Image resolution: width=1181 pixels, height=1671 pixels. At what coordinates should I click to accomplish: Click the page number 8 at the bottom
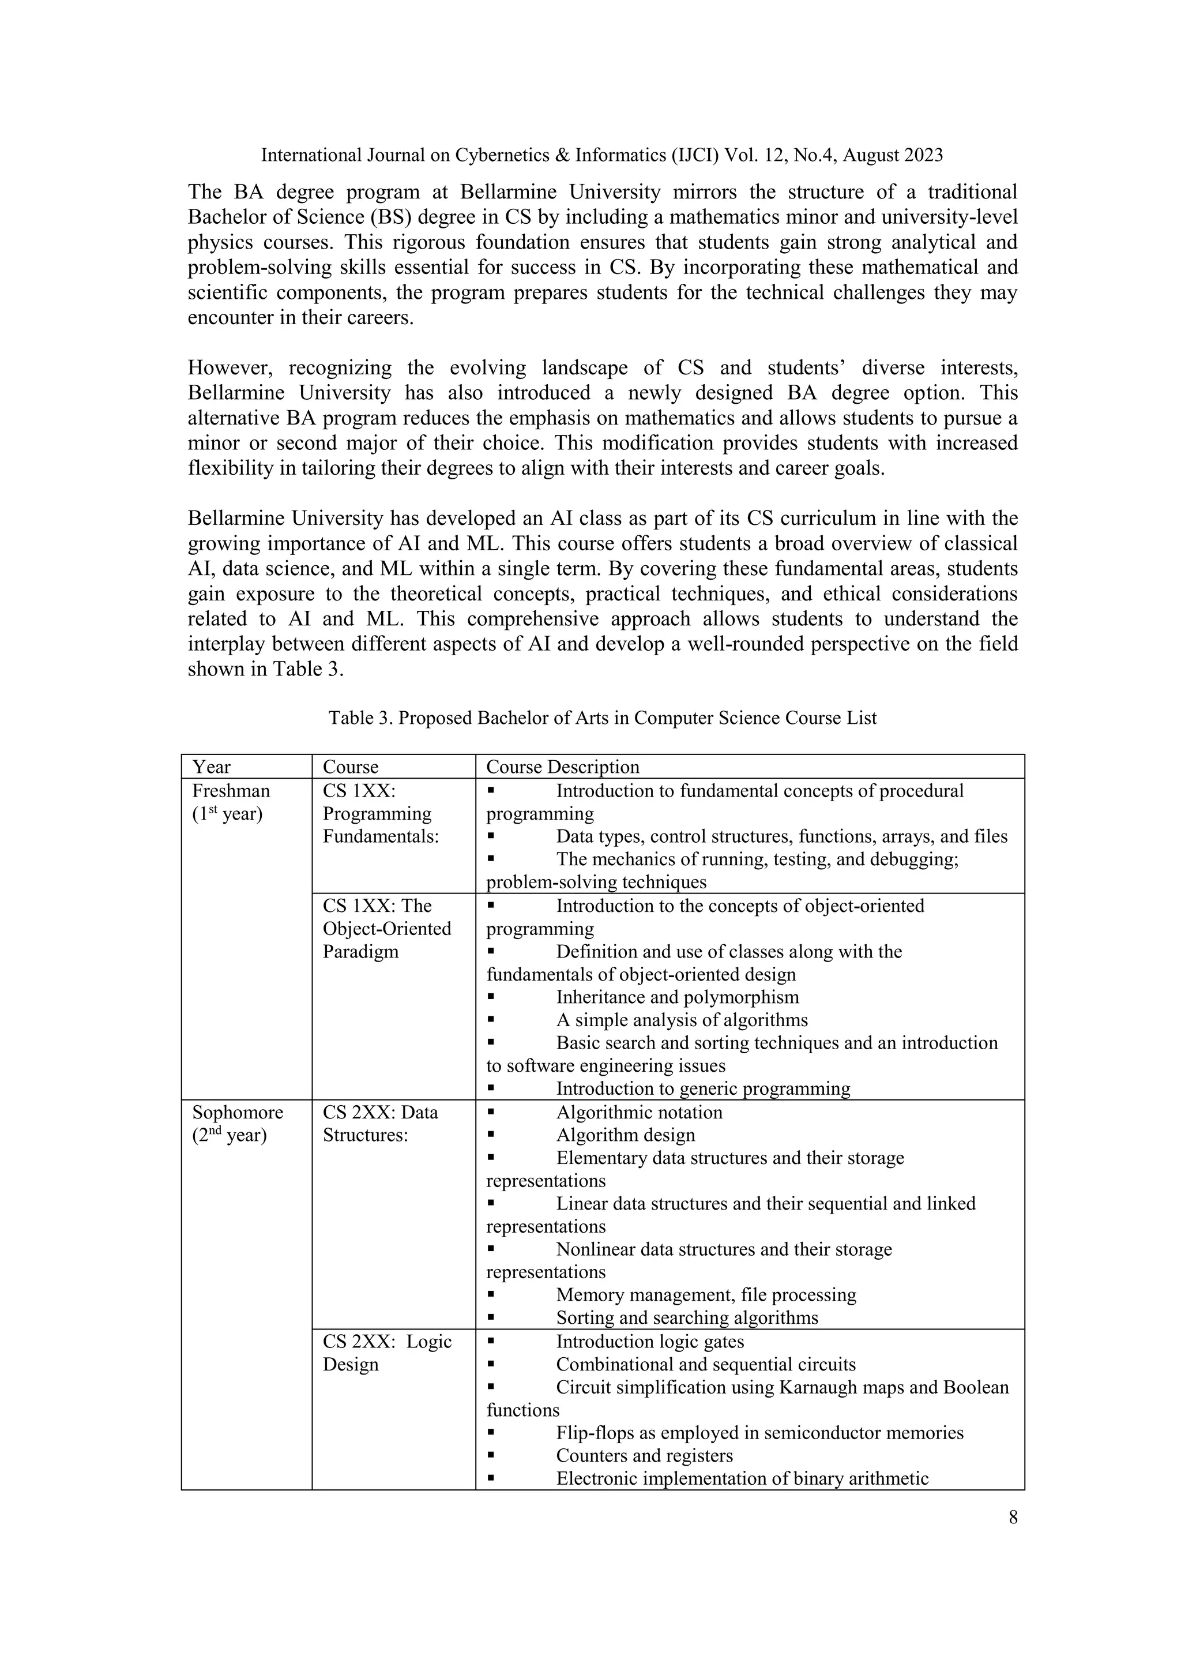[1013, 1518]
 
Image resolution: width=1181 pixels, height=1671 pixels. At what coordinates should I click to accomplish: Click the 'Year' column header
[211, 767]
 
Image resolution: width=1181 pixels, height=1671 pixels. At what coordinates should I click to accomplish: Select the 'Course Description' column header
[562, 767]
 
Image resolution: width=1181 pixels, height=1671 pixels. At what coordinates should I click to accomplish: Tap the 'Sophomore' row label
[237, 1113]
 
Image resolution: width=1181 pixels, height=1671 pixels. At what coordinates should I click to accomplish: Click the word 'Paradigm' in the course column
[360, 952]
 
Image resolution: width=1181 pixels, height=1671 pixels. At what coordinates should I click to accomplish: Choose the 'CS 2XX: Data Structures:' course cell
[380, 1124]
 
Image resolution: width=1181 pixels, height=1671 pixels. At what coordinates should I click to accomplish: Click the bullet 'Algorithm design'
[625, 1135]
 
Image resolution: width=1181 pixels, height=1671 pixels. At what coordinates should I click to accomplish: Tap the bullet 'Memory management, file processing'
[706, 1296]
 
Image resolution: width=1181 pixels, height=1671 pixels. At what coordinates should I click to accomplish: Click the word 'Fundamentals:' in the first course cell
[381, 837]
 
